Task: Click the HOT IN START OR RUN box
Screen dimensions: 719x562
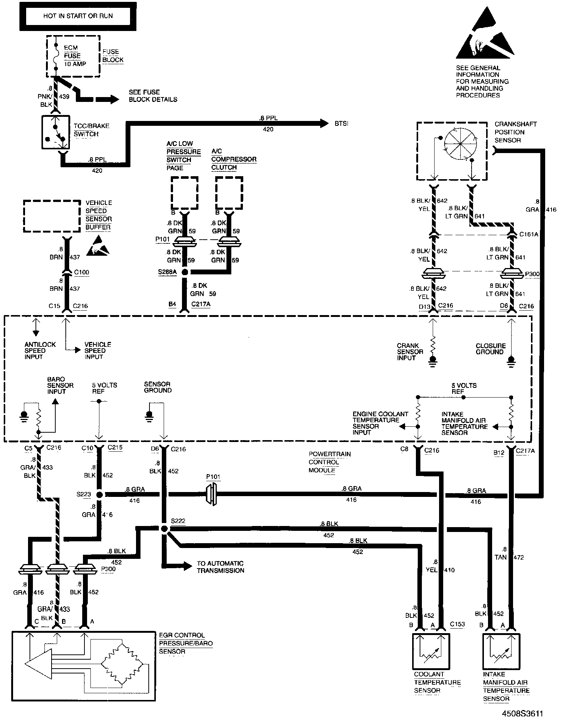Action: click(x=78, y=16)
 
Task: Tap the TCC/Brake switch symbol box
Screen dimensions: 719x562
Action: click(x=56, y=132)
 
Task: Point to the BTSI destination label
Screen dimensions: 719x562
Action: click(x=341, y=124)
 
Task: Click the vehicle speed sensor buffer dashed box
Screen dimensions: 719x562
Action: click(x=52, y=216)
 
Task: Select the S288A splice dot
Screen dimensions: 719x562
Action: click(x=184, y=272)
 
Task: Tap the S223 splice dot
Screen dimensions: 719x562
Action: click(x=99, y=495)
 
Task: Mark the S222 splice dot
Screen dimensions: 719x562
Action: click(x=164, y=528)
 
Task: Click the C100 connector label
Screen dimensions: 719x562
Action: click(x=81, y=272)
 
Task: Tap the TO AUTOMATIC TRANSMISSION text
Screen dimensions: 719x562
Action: click(x=220, y=567)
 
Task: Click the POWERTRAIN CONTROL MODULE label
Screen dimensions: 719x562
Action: click(x=324, y=462)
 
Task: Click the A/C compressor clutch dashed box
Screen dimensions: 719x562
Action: click(x=229, y=193)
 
